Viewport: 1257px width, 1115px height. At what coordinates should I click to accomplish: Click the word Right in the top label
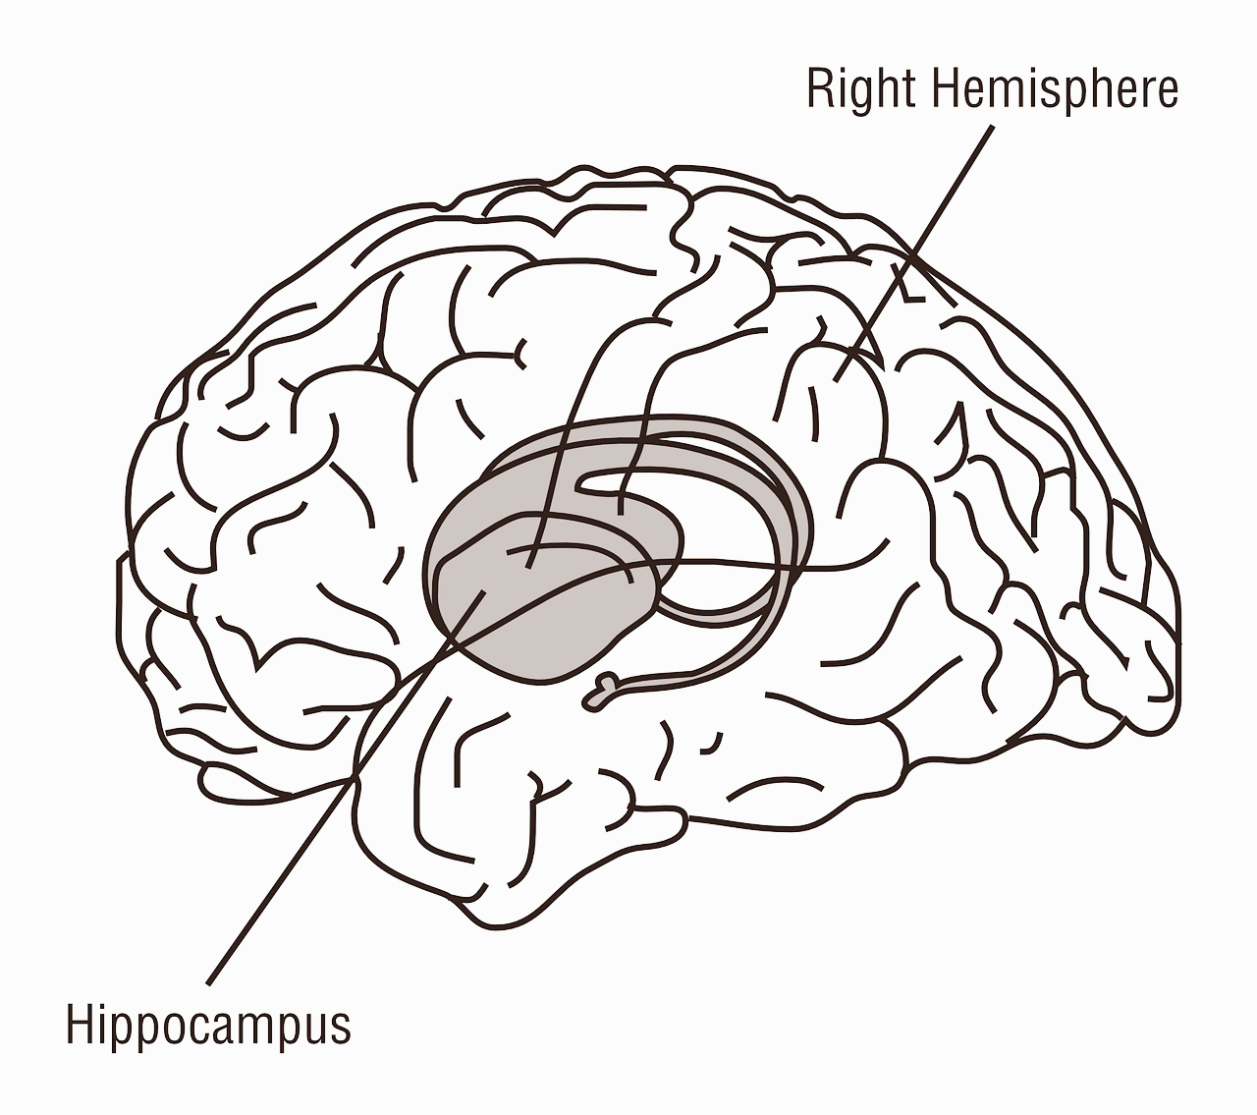coord(861,90)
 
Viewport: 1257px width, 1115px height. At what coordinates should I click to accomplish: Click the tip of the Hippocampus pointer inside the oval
coord(484,590)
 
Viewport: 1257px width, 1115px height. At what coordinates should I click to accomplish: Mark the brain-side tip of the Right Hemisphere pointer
coord(836,380)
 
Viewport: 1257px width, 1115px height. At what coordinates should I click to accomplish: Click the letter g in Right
coord(863,95)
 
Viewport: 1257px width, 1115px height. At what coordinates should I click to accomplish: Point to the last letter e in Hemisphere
coord(1167,91)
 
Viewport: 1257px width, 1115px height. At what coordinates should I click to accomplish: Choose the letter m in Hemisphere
coord(1015,91)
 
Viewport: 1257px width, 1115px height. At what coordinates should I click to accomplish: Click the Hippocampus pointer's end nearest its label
coord(209,981)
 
